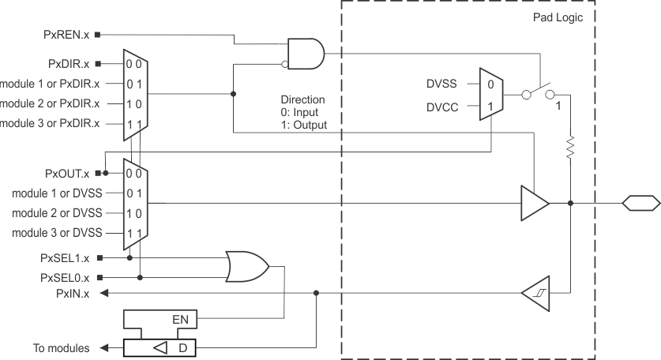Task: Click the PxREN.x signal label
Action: pos(67,35)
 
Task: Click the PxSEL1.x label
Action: pos(65,257)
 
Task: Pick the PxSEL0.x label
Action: pos(65,276)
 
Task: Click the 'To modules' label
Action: pos(61,347)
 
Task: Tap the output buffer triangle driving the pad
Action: pos(534,203)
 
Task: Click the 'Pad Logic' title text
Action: pos(608,17)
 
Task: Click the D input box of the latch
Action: pos(182,347)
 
